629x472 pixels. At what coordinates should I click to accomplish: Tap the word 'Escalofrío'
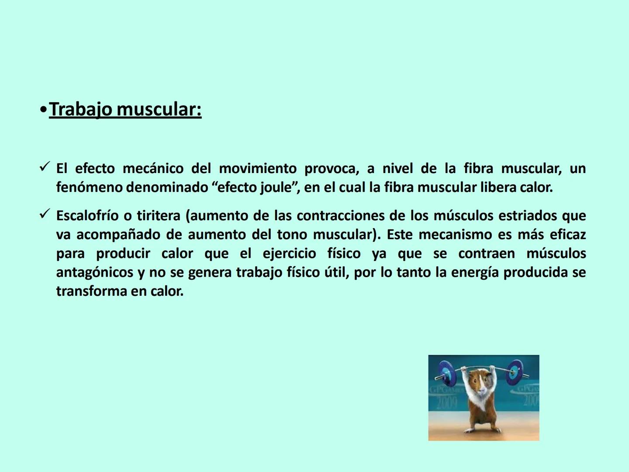pyautogui.click(x=87, y=216)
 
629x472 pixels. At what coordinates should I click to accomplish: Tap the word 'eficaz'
pyautogui.click(x=567, y=235)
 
